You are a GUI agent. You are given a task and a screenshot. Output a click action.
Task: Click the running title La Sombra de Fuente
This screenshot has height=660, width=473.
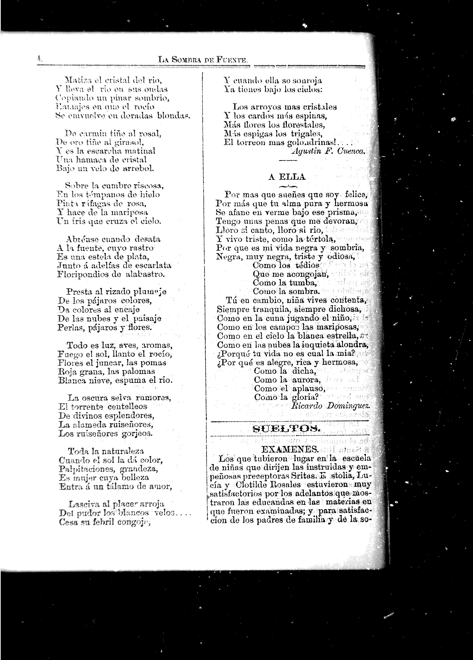click(x=202, y=60)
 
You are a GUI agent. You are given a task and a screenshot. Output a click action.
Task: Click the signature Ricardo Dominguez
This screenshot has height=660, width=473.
click(x=331, y=406)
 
